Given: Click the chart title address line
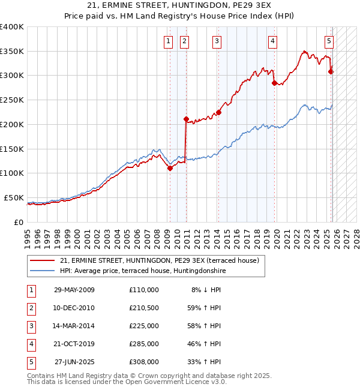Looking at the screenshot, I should (x=180, y=5).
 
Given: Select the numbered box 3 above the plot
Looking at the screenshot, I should (x=216, y=41).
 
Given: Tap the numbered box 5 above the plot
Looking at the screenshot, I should (x=329, y=41).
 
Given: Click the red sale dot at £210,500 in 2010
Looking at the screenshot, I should (x=186, y=119).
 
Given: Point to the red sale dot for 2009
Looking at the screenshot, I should (x=170, y=168).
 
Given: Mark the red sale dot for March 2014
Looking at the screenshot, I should (x=219, y=112).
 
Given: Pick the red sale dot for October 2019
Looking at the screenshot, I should (x=274, y=83).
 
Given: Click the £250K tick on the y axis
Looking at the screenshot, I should (x=11, y=100).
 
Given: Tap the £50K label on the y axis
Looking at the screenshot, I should (x=13, y=197).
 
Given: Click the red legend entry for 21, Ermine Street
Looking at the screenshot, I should (x=159, y=260).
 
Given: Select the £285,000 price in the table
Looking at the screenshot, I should (x=144, y=344).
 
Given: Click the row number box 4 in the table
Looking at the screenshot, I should (x=31, y=344).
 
